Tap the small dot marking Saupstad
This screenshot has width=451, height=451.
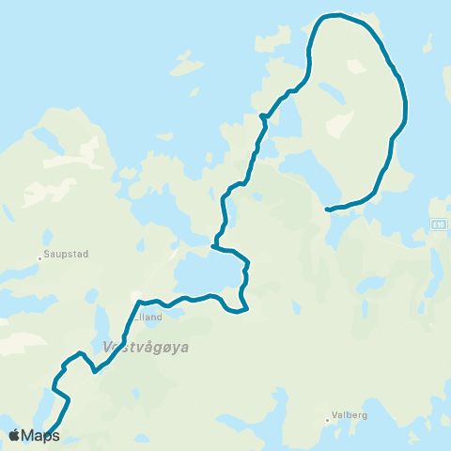(x=41, y=256)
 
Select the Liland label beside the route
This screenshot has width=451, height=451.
(x=150, y=317)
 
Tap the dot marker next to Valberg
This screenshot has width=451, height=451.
(x=327, y=420)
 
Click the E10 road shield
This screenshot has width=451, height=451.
(x=439, y=224)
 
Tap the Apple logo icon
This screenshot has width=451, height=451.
(x=15, y=435)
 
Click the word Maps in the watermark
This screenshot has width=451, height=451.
(x=40, y=435)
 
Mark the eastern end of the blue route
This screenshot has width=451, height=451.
(x=326, y=210)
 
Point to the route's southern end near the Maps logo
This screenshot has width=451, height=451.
(x=47, y=434)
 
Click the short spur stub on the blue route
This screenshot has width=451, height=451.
(x=262, y=116)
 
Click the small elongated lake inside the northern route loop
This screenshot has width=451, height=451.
(x=332, y=94)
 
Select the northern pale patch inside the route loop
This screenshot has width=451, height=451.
(x=355, y=67)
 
